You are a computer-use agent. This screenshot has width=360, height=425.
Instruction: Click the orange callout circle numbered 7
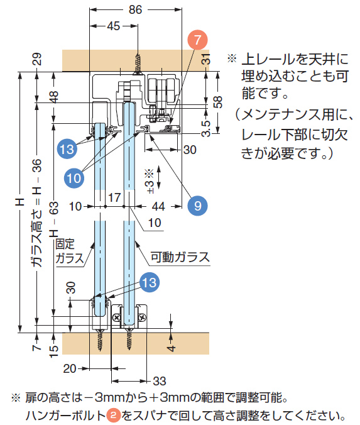(x=197, y=40)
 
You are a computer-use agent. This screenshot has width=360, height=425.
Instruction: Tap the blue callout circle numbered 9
(x=197, y=206)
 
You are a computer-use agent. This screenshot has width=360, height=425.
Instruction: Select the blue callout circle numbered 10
(x=74, y=178)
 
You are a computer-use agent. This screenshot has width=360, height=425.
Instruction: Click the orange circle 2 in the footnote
(x=114, y=416)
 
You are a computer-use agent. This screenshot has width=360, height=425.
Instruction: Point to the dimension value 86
(x=135, y=10)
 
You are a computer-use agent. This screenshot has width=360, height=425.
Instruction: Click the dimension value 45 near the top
(x=114, y=26)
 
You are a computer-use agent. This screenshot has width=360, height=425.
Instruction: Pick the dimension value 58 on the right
(x=218, y=102)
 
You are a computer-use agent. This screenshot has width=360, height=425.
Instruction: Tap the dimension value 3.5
(x=206, y=128)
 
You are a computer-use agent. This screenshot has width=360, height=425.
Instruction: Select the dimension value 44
(x=158, y=207)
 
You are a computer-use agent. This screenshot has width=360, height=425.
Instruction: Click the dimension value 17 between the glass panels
(x=114, y=197)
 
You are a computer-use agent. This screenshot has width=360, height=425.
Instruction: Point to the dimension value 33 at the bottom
(x=160, y=381)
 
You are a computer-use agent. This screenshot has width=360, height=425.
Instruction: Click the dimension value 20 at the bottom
(x=70, y=368)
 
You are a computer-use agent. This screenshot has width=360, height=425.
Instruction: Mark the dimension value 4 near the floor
(x=171, y=348)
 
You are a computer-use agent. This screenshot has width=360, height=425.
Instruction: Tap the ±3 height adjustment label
(x=150, y=182)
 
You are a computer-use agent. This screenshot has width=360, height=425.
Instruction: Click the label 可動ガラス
(x=180, y=257)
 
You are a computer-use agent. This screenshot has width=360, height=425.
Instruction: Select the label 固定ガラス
(x=70, y=251)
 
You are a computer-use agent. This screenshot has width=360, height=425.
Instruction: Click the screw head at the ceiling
(x=138, y=73)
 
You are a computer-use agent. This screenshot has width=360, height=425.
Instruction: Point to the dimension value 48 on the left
(x=54, y=97)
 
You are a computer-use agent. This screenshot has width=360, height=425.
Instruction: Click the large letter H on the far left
(x=20, y=202)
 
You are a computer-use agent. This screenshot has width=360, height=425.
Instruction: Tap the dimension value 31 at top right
(x=206, y=59)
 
